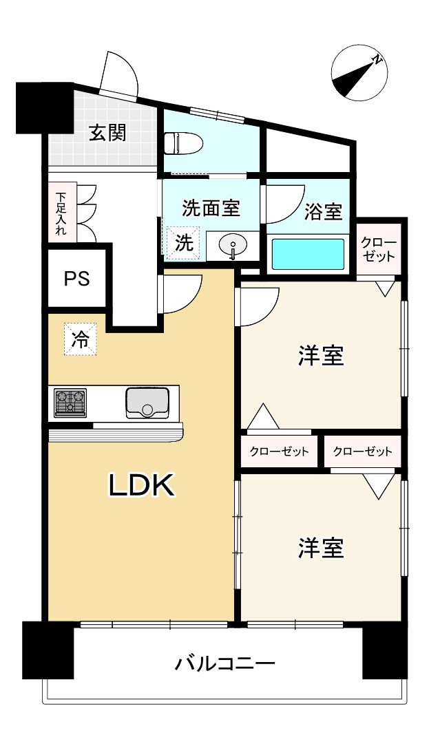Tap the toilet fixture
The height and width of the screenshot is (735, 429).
[182, 144]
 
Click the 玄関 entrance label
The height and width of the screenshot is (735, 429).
[107, 132]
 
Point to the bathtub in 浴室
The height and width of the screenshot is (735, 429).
[308, 254]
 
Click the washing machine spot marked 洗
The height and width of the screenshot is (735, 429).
[182, 242]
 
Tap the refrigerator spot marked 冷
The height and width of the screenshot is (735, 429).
[81, 339]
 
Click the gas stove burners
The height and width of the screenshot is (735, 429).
[70, 402]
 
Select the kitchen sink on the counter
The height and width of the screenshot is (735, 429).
[147, 403]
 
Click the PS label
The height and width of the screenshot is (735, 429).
[76, 279]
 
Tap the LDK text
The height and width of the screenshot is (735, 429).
[143, 486]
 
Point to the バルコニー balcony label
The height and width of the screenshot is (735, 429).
[225, 664]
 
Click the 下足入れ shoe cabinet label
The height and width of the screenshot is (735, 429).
[61, 213]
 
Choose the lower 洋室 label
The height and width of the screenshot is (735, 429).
[321, 548]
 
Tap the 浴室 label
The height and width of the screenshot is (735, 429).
[323, 212]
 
